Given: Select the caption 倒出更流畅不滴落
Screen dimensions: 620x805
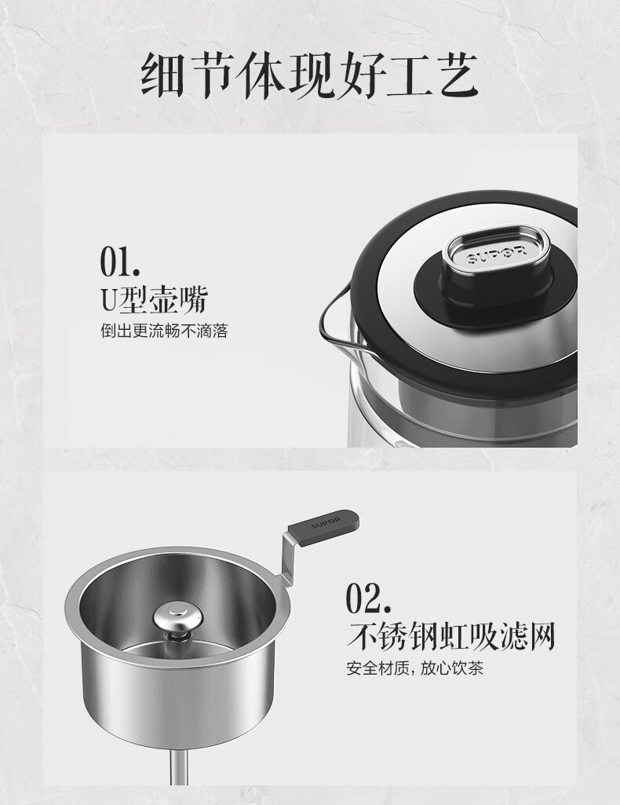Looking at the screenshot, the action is point(164,331).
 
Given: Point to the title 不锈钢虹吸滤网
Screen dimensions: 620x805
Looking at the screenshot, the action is point(450,636).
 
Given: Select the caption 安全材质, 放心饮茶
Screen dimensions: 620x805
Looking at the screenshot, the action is point(415,668).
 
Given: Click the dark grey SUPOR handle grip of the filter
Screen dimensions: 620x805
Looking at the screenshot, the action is point(323,523).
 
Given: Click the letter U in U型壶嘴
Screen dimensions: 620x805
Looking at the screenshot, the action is point(109,300).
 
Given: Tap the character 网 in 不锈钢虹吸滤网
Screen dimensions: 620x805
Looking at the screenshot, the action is point(541,637).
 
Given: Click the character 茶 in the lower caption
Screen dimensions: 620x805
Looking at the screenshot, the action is point(476,668).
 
